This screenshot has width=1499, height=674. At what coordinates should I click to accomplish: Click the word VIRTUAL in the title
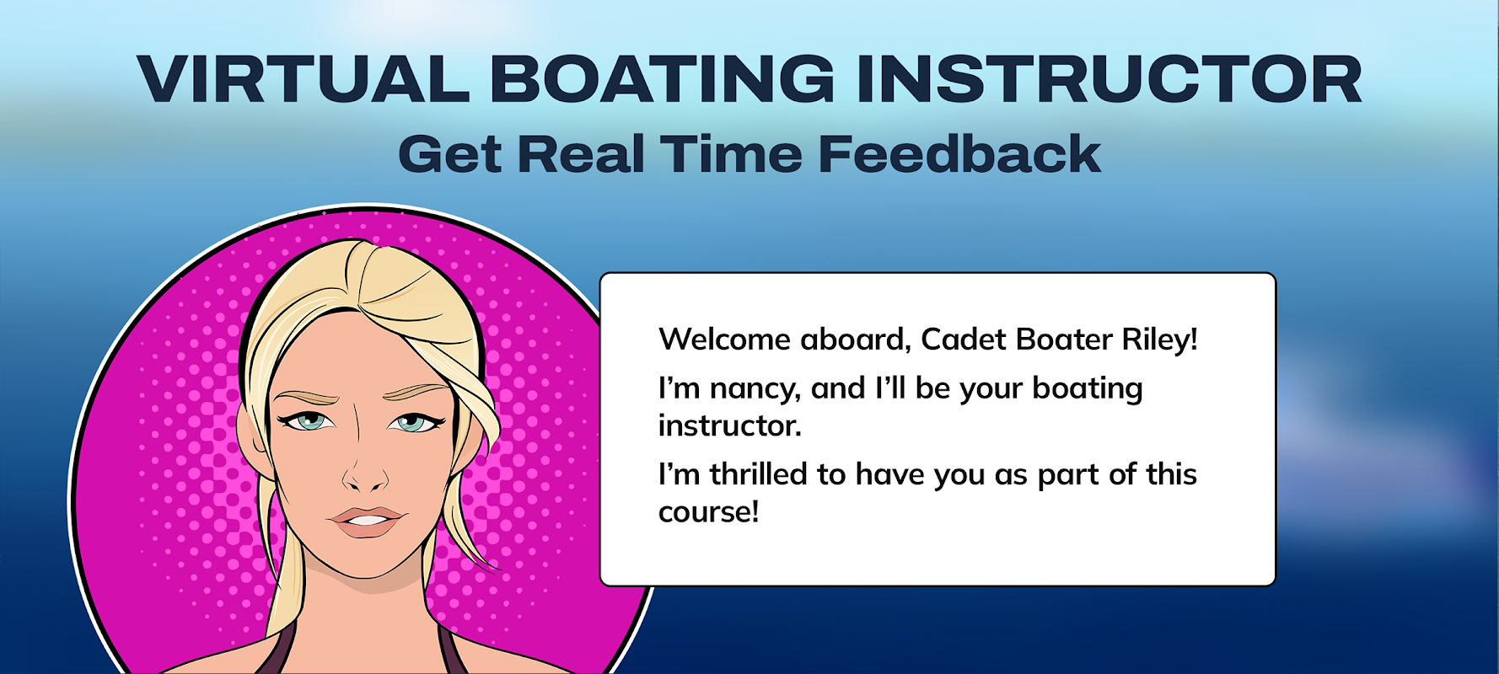click(x=304, y=79)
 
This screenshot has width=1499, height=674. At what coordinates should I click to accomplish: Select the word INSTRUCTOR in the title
click(x=1109, y=79)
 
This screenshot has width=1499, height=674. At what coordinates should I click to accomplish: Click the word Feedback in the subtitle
click(x=959, y=154)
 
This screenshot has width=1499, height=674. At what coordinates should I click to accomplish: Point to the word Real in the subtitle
click(x=581, y=154)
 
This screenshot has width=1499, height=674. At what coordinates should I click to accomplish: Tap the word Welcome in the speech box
click(x=724, y=340)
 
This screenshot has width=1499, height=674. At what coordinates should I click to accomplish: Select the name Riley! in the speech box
click(x=1159, y=340)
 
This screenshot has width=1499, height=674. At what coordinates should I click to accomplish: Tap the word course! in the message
click(x=709, y=512)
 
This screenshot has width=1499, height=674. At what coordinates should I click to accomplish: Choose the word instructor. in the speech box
click(x=730, y=425)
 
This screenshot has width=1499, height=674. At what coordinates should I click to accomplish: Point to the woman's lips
click(x=367, y=521)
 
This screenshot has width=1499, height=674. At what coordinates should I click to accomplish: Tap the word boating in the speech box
click(x=1088, y=390)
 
